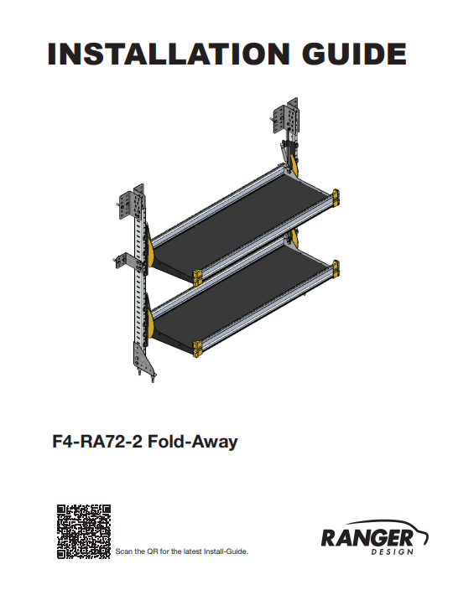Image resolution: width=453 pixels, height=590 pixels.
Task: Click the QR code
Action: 84,531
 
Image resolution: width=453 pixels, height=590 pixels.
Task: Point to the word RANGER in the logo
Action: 367,537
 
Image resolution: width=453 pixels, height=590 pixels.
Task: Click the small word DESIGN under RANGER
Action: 392,552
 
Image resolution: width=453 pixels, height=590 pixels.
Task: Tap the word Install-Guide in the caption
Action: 223,551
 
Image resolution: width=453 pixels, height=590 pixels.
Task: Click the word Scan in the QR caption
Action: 122,551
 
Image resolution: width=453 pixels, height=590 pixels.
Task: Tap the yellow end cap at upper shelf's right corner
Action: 336,197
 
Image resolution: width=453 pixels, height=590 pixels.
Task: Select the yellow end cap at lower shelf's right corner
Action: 336,267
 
